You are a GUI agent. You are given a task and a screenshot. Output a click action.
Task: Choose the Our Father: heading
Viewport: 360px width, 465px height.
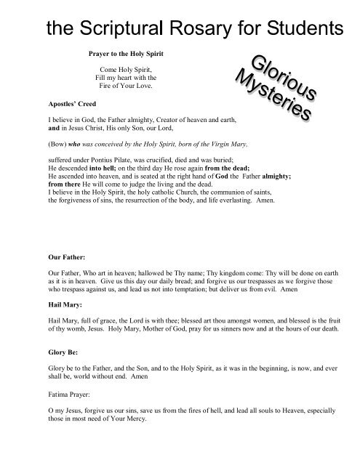tap(64, 256)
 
